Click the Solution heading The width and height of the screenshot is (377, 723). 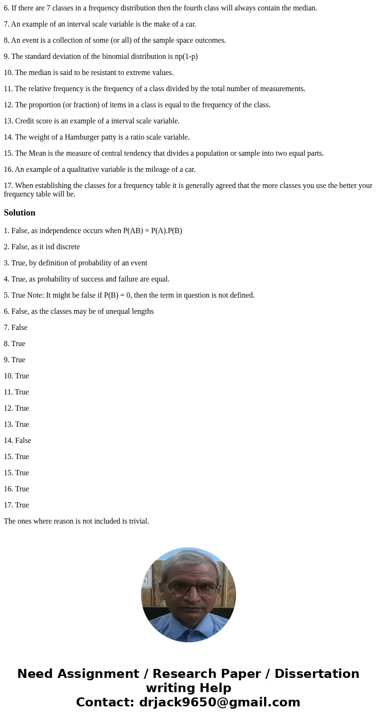(19, 213)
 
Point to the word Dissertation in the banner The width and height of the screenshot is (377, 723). (317, 674)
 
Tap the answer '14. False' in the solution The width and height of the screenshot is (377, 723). (18, 441)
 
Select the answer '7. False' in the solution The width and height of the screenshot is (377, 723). (16, 328)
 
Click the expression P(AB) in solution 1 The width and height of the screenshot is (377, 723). (133, 231)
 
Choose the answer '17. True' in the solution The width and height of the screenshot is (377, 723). (17, 505)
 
